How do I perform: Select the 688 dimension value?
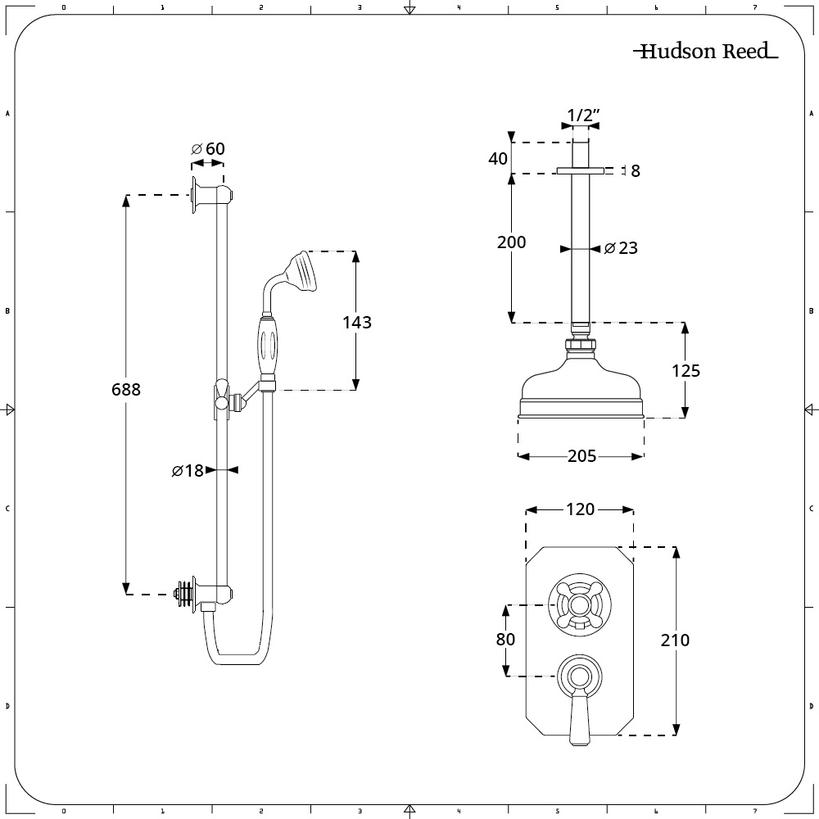(125, 390)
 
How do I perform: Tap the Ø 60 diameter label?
(208, 148)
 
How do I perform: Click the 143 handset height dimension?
(356, 322)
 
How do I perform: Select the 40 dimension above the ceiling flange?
(498, 158)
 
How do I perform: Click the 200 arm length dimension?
(511, 242)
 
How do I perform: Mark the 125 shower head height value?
(686, 371)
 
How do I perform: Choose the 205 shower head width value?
(581, 456)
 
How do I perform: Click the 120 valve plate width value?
(580, 509)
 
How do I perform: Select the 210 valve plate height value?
(675, 640)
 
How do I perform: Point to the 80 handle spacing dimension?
(505, 639)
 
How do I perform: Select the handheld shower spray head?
(302, 270)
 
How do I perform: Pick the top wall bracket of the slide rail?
(210, 195)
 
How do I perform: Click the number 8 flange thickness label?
(636, 170)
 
